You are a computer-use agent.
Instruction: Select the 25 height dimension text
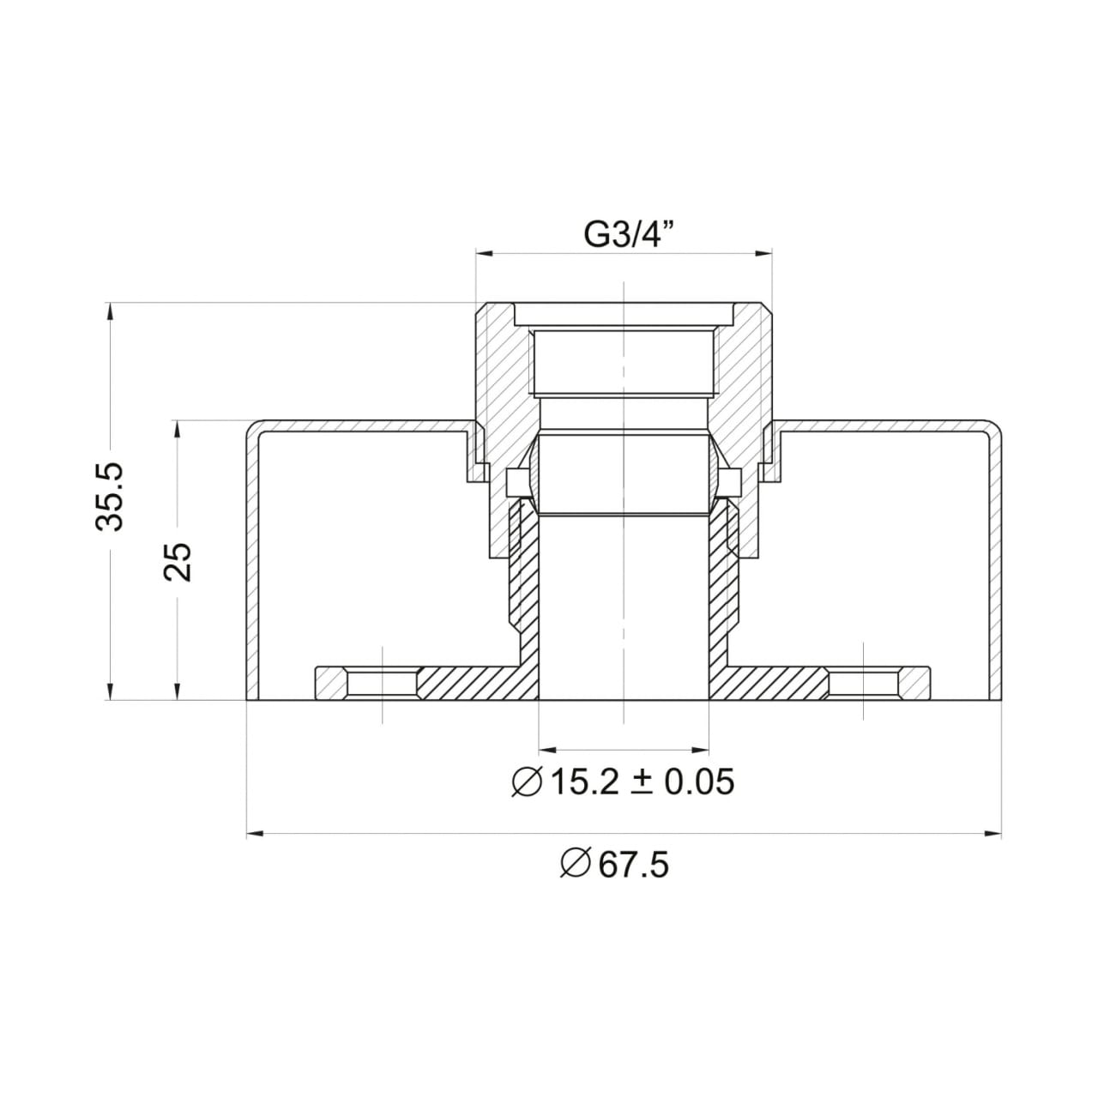tap(179, 562)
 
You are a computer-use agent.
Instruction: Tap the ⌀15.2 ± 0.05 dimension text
tap(623, 781)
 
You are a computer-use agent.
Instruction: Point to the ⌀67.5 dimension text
tap(614, 865)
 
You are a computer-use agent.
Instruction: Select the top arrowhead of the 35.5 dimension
tap(110, 310)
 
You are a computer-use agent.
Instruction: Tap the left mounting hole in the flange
tap(383, 684)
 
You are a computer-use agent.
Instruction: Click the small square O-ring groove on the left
tap(516, 482)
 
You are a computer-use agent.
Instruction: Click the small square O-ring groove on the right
tap(732, 482)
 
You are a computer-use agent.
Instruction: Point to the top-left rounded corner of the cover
tap(252, 426)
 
